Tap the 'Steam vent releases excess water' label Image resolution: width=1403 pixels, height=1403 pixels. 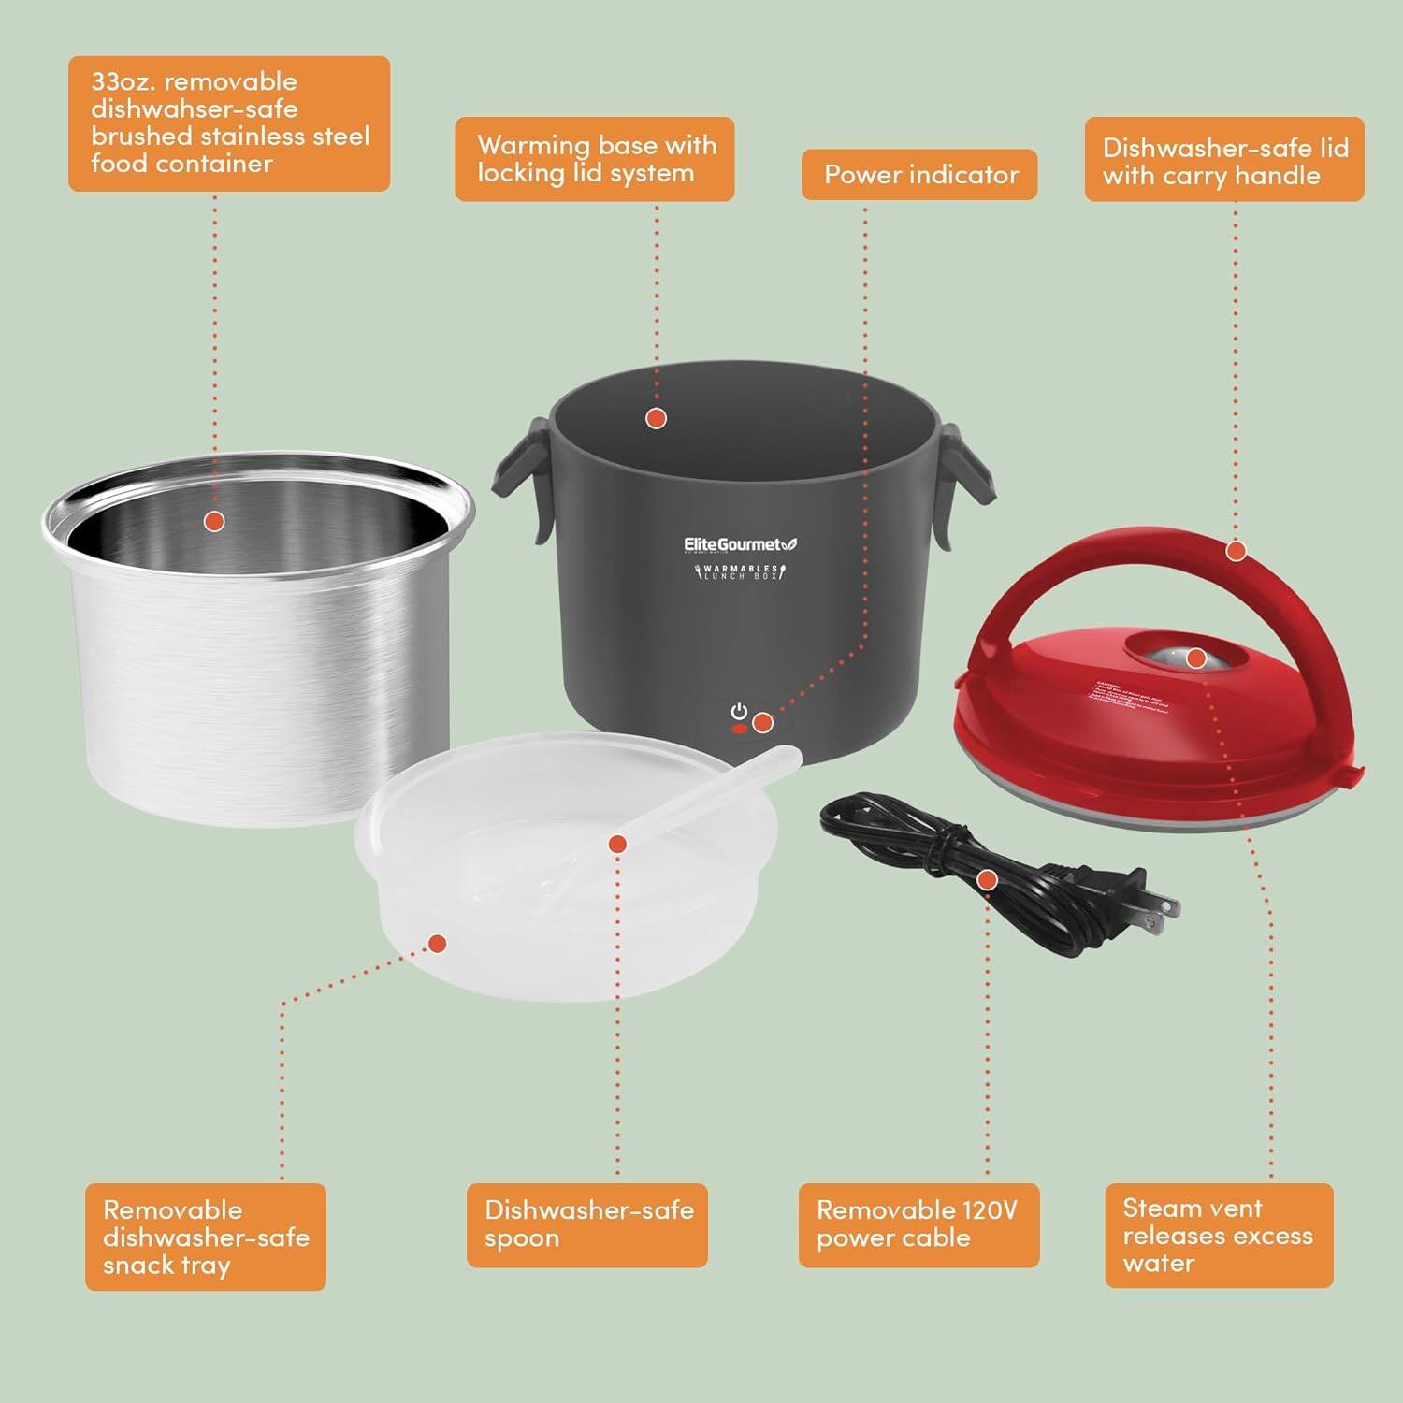coord(1218,1235)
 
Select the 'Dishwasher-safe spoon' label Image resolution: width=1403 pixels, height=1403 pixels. coord(587,1224)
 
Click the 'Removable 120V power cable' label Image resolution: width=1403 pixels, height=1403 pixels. coord(918,1224)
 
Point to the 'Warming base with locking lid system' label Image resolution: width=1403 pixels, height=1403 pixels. coord(595,159)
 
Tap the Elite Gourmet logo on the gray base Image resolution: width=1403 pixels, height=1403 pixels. coord(740,544)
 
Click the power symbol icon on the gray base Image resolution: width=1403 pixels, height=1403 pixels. coord(739,712)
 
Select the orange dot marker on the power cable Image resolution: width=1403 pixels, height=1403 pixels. coord(987,880)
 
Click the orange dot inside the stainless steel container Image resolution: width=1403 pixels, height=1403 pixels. coord(214,521)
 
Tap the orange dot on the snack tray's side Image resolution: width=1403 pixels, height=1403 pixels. coord(435,944)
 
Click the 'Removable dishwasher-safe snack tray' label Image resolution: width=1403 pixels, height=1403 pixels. coord(205,1237)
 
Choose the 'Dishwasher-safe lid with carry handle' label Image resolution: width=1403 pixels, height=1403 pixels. coord(1224,161)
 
